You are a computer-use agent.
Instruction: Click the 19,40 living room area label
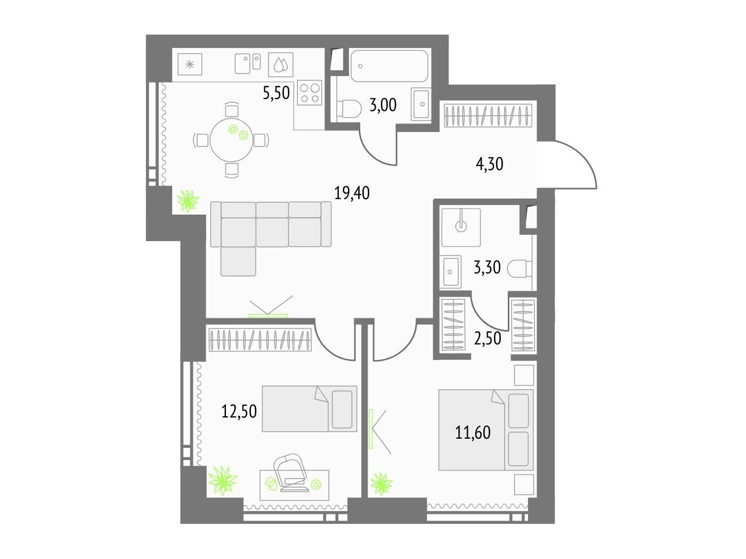(352, 193)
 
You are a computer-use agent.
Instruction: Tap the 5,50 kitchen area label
(276, 92)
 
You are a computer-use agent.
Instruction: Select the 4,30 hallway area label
(489, 164)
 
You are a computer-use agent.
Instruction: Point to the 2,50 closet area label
(488, 338)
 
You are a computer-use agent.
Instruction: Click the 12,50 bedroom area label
(239, 411)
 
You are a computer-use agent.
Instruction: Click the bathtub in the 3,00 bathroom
(389, 66)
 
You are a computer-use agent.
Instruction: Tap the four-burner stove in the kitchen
(310, 93)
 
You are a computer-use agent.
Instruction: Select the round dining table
(231, 140)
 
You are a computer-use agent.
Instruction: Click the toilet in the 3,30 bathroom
(520, 269)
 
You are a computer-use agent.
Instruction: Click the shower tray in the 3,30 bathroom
(461, 227)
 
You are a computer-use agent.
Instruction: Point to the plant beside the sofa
(188, 201)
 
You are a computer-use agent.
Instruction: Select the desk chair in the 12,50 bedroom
(289, 468)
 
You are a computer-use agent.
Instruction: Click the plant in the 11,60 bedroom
(382, 484)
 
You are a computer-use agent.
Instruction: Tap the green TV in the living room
(268, 316)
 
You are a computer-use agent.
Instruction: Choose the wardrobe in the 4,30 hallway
(488, 116)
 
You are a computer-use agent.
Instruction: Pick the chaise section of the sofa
(238, 261)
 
